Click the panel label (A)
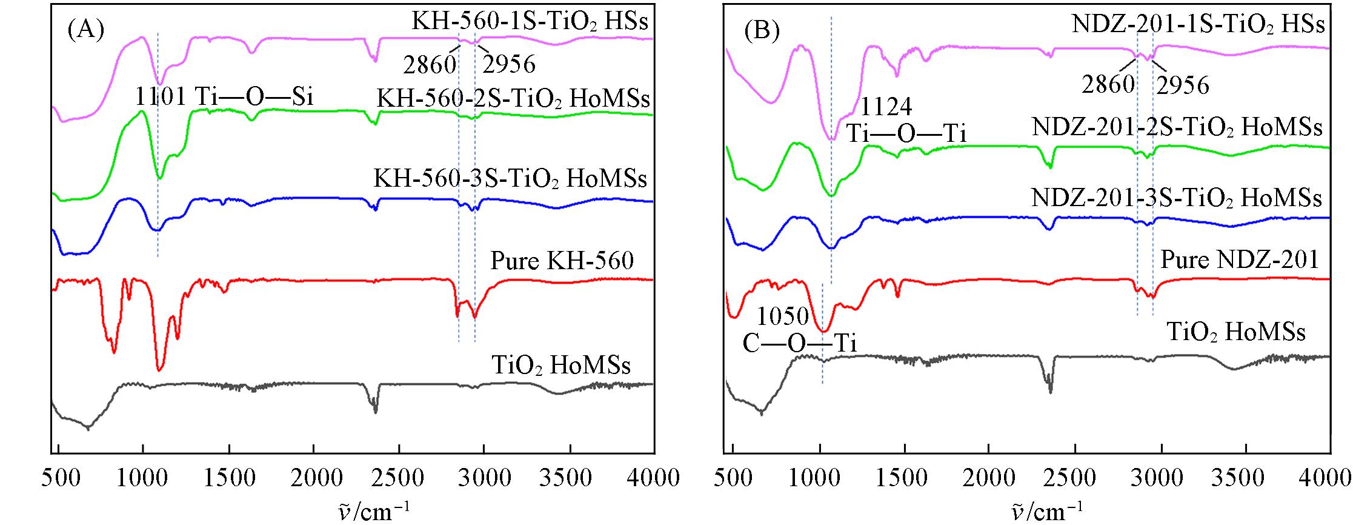click(x=85, y=30)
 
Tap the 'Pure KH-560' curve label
click(x=562, y=261)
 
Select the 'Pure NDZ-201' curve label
click(x=1239, y=260)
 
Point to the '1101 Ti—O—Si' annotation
click(x=224, y=96)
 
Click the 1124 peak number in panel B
click(x=885, y=107)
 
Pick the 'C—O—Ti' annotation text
click(x=799, y=344)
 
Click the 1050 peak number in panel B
click(x=783, y=316)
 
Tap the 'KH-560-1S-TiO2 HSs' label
click(x=530, y=22)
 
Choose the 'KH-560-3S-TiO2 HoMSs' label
click(x=510, y=179)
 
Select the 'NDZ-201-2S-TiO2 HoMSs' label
click(x=1177, y=128)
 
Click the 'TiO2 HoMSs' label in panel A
click(x=561, y=366)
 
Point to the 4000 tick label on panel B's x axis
click(x=1329, y=478)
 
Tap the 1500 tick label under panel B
click(x=905, y=478)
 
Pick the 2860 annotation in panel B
click(x=1109, y=84)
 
